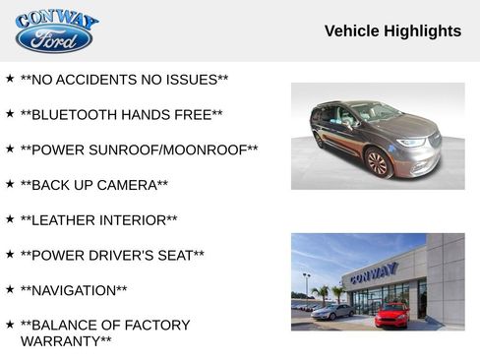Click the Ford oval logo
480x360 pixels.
pyautogui.click(x=54, y=39)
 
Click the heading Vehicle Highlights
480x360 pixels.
pyautogui.click(x=392, y=31)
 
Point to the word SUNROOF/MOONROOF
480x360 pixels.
pyautogui.click(x=178, y=150)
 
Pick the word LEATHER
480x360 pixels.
pyautogui.click(x=66, y=220)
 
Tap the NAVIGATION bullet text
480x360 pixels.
pyautogui.click(x=74, y=290)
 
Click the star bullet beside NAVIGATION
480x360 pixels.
pyautogui.click(x=10, y=289)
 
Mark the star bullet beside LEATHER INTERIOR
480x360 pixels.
pyautogui.click(x=10, y=218)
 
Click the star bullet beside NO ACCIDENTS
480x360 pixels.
pyautogui.click(x=10, y=78)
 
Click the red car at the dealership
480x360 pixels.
pyautogui.click(x=392, y=315)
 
